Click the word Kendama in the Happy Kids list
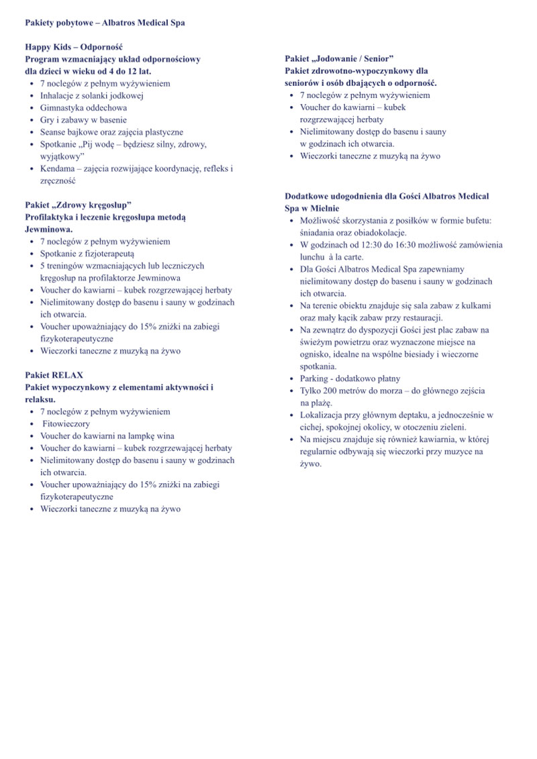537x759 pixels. pyautogui.click(x=56, y=168)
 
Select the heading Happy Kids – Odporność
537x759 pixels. pyautogui.click(x=74, y=47)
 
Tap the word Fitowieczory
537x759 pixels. pyautogui.click(x=67, y=423)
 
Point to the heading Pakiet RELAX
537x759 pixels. pyautogui.click(x=54, y=374)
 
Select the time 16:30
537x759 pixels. pyautogui.click(x=405, y=244)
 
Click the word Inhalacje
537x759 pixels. pyautogui.click(x=58, y=95)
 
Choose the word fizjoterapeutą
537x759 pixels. pyautogui.click(x=107, y=254)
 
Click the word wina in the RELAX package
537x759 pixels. pyautogui.click(x=158, y=436)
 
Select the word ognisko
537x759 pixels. pyautogui.click(x=317, y=354)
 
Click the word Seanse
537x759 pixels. pyautogui.click(x=54, y=132)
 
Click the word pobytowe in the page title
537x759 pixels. pyautogui.click(x=75, y=23)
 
